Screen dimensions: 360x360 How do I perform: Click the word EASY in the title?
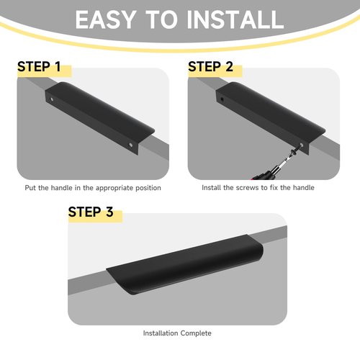point(104,19)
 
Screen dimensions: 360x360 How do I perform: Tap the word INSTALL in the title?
point(235,19)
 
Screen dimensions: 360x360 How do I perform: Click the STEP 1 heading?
point(39,66)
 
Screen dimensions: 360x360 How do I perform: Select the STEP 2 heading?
point(210,66)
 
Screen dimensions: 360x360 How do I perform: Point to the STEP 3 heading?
point(91,212)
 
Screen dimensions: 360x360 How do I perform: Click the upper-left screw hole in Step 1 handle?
point(52,99)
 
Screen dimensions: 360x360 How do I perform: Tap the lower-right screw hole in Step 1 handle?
point(131,145)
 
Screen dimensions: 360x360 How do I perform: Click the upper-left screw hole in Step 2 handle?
point(222,99)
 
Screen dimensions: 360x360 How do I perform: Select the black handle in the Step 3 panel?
point(185,264)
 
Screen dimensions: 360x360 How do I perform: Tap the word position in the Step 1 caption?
point(148,188)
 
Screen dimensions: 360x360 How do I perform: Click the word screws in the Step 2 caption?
point(248,187)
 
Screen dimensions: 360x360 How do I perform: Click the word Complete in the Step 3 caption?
point(196,333)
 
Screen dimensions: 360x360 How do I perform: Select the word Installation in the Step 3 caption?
point(161,333)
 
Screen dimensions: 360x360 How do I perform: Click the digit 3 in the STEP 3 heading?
point(109,212)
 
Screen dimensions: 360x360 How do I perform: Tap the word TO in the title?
point(160,19)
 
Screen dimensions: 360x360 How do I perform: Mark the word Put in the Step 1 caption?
point(30,188)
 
